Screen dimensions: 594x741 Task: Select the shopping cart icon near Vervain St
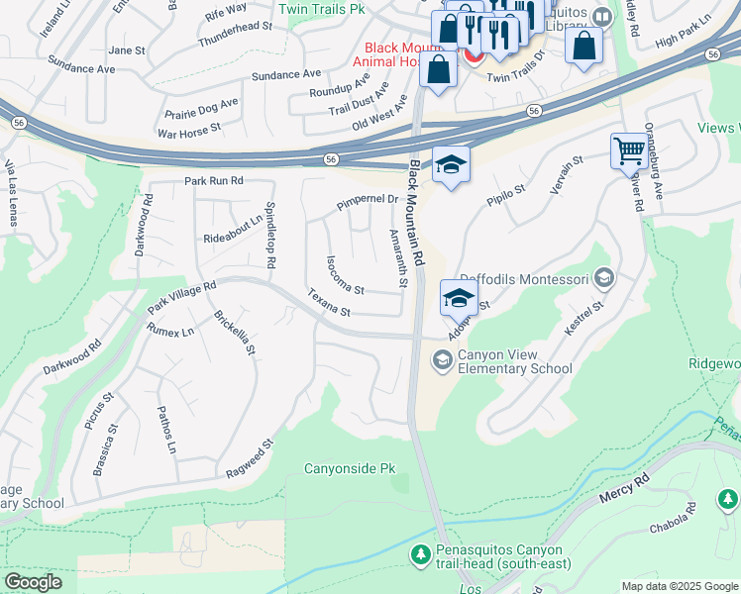tap(629, 151)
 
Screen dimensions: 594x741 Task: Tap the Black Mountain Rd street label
tap(418, 213)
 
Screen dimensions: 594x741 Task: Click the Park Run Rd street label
tap(213, 181)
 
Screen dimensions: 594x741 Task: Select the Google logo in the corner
tap(33, 582)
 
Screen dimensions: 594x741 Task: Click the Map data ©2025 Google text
tap(679, 586)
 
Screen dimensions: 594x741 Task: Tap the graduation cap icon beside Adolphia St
tap(460, 296)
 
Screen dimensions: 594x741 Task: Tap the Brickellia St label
tap(235, 333)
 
